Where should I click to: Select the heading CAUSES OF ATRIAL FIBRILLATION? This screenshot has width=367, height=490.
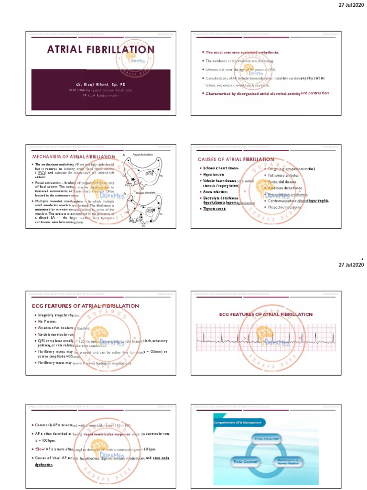[x=236, y=159]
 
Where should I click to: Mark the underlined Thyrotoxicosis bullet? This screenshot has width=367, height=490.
[x=214, y=209]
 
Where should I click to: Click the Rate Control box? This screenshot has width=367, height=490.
[x=245, y=462]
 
